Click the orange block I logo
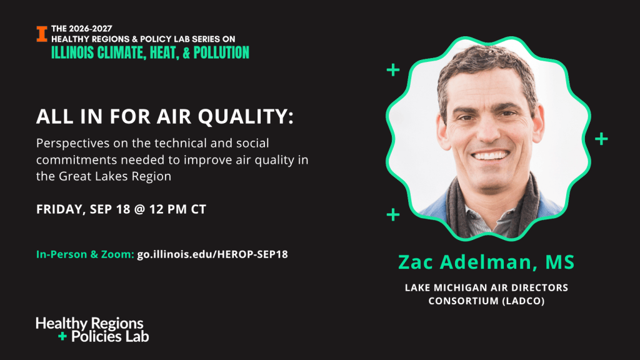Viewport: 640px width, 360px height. [x=42, y=34]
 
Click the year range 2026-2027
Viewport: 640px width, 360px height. [x=90, y=29]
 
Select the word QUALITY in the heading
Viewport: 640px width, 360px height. [x=246, y=117]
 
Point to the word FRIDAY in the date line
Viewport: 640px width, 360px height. [x=61, y=209]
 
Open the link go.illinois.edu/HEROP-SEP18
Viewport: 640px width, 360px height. [x=212, y=254]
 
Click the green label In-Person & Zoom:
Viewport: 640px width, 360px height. [x=85, y=254]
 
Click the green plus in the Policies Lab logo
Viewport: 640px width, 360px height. [x=62, y=336]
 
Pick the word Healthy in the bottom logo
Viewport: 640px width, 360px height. [x=61, y=324]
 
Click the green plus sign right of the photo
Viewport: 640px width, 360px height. [x=601, y=139]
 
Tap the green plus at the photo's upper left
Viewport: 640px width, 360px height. [x=393, y=70]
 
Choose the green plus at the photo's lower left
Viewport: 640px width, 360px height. [x=393, y=214]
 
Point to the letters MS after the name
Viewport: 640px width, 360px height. [x=560, y=262]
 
